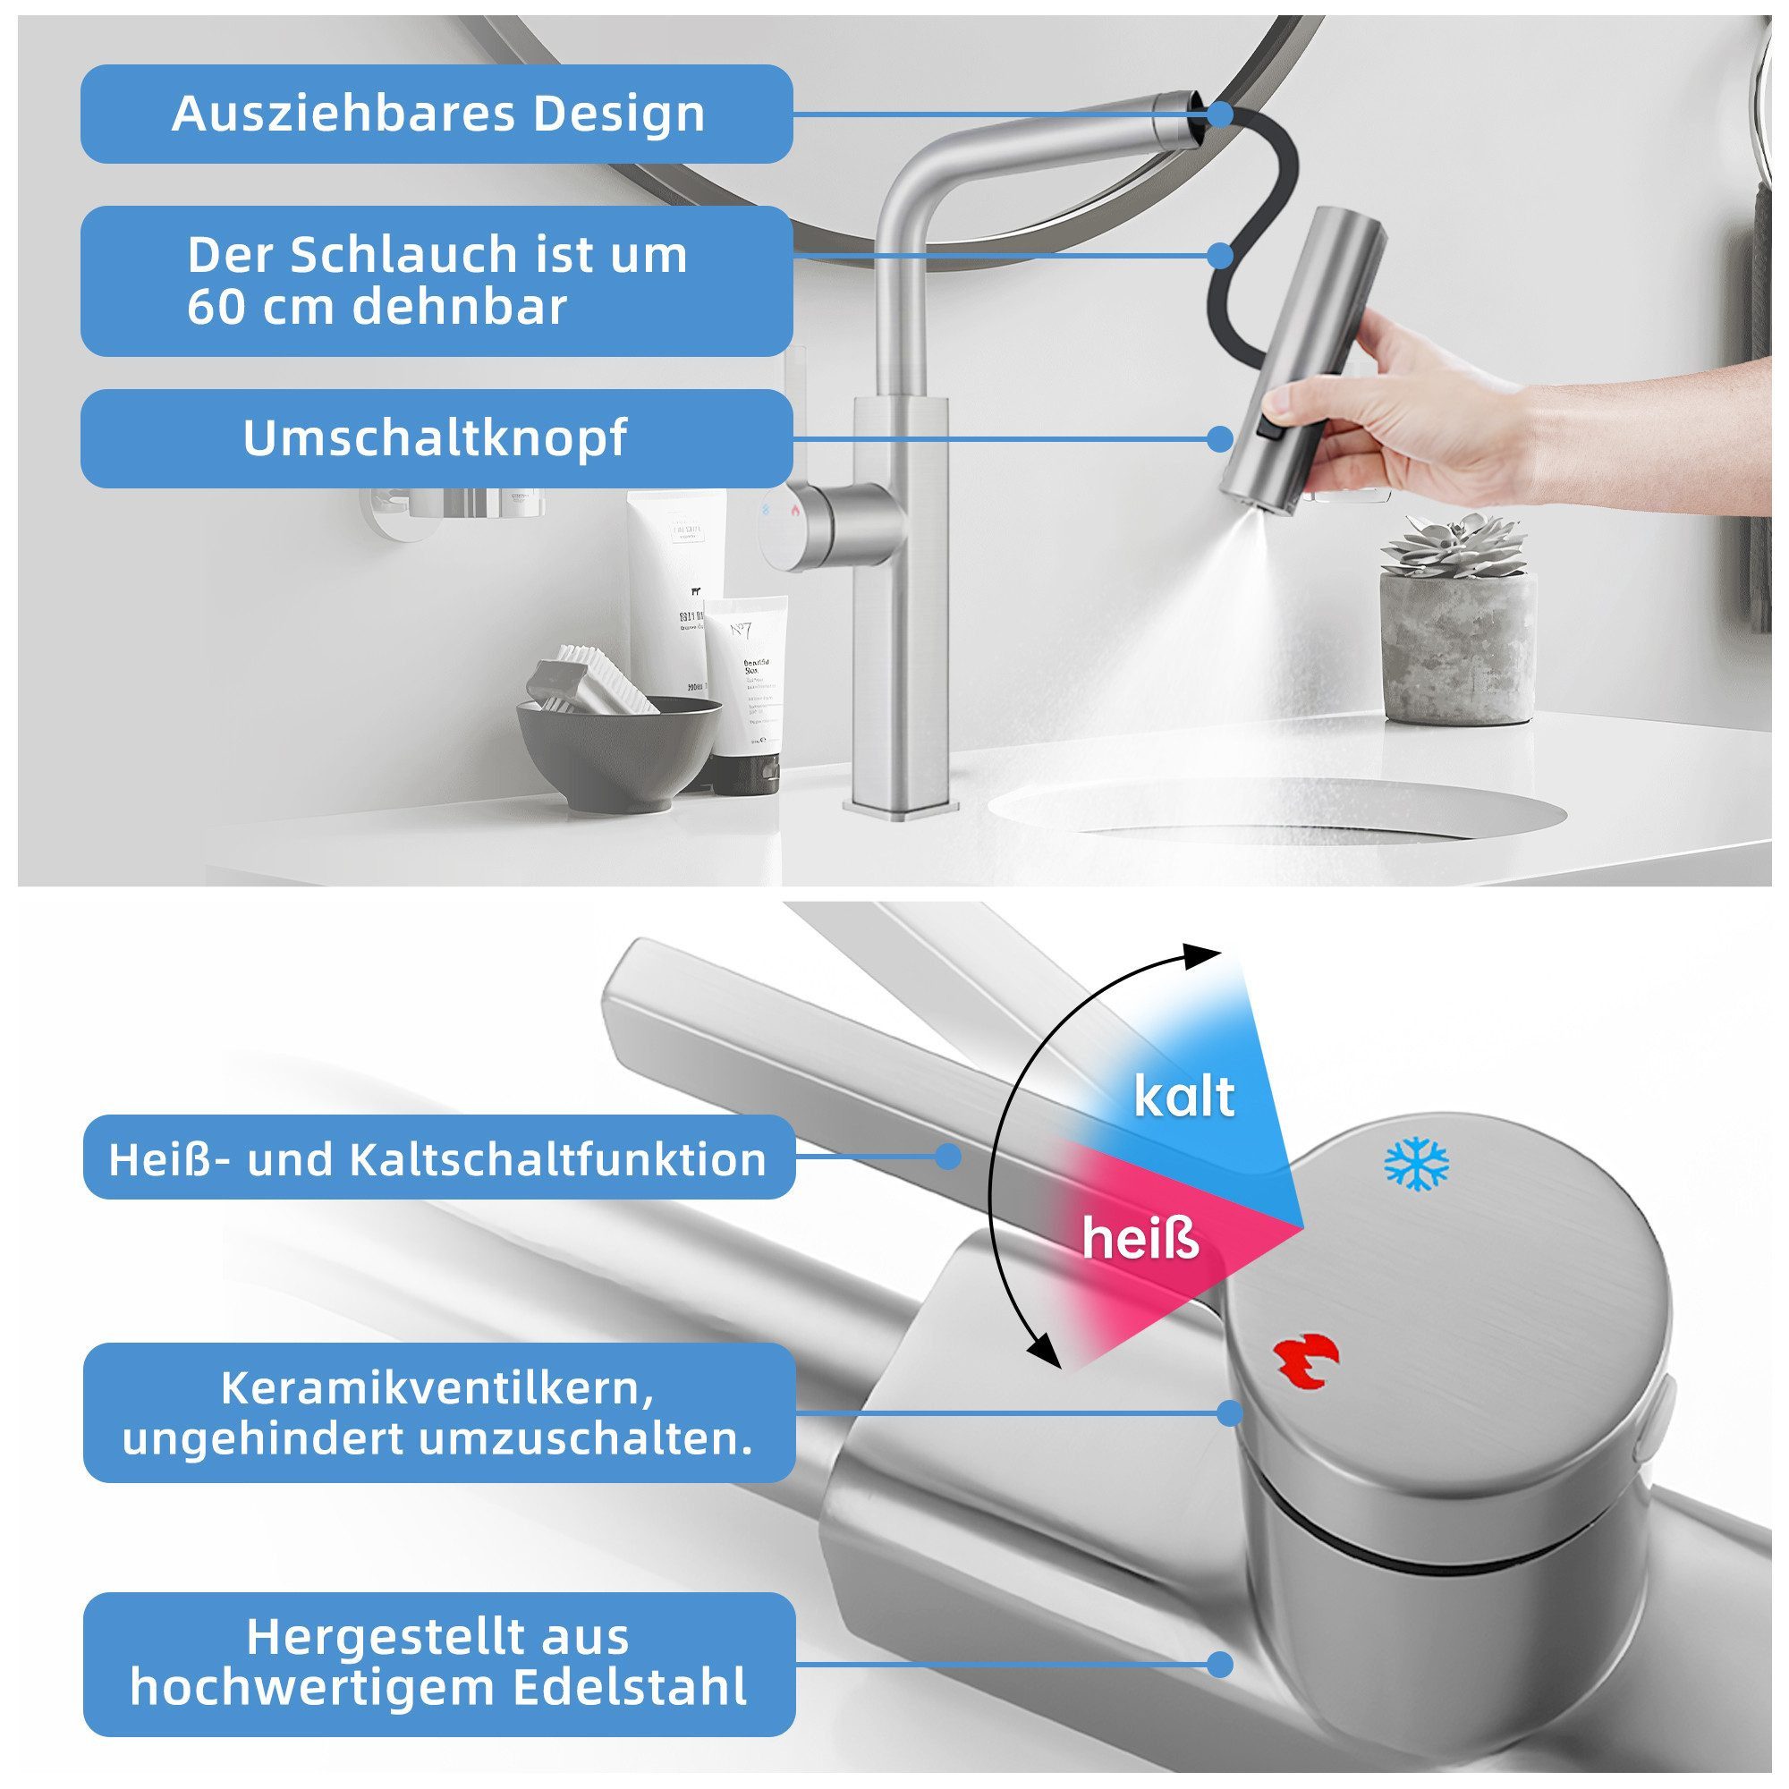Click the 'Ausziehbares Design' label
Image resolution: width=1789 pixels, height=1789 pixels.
point(437,114)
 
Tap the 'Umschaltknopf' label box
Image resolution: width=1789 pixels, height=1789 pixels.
point(436,438)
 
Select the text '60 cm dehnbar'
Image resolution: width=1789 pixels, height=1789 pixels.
point(377,307)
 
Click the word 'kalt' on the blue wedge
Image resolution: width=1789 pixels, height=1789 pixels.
point(1184,1097)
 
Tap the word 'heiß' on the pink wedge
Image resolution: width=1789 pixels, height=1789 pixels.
point(1140,1240)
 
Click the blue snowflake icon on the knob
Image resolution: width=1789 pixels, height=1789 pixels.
point(1416,1165)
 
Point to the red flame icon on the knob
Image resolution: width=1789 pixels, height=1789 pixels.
point(1305,1365)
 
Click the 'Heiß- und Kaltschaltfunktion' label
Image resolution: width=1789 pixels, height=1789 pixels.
point(438,1158)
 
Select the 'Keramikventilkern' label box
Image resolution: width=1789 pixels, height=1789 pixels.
point(438,1413)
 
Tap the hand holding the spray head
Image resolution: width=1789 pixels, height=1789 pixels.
point(1407,407)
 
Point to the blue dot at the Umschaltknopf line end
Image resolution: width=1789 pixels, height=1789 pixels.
point(1220,438)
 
